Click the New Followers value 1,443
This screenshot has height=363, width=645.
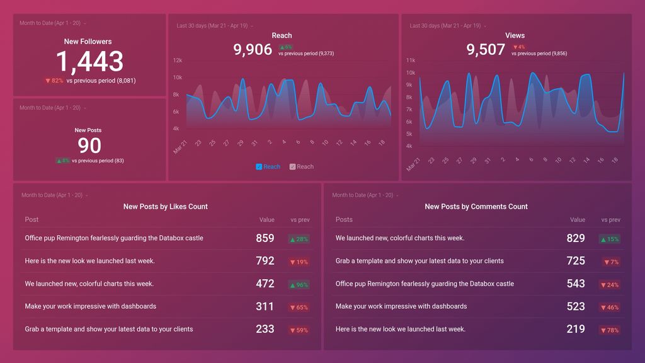[89, 62]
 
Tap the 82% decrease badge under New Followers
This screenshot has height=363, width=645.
[54, 81]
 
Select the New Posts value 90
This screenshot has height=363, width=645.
[89, 146]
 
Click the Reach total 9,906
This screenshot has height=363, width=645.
[253, 50]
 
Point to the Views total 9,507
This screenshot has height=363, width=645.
[486, 50]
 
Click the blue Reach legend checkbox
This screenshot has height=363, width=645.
[259, 167]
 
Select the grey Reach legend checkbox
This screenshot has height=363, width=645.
[292, 167]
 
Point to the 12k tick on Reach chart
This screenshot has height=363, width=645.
[178, 60]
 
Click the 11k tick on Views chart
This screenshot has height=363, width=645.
[410, 60]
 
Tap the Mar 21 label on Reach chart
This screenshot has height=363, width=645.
[180, 147]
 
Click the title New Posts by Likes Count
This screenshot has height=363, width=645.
[165, 207]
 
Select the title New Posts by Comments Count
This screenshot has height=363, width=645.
[476, 207]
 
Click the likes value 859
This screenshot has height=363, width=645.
[265, 238]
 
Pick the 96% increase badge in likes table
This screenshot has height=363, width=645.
[299, 285]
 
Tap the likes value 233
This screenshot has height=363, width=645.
[265, 329]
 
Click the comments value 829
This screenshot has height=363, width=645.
[576, 238]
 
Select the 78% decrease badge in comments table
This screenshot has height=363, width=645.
[610, 330]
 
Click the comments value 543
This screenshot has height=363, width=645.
[576, 284]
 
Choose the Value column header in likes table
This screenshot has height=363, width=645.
[266, 220]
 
